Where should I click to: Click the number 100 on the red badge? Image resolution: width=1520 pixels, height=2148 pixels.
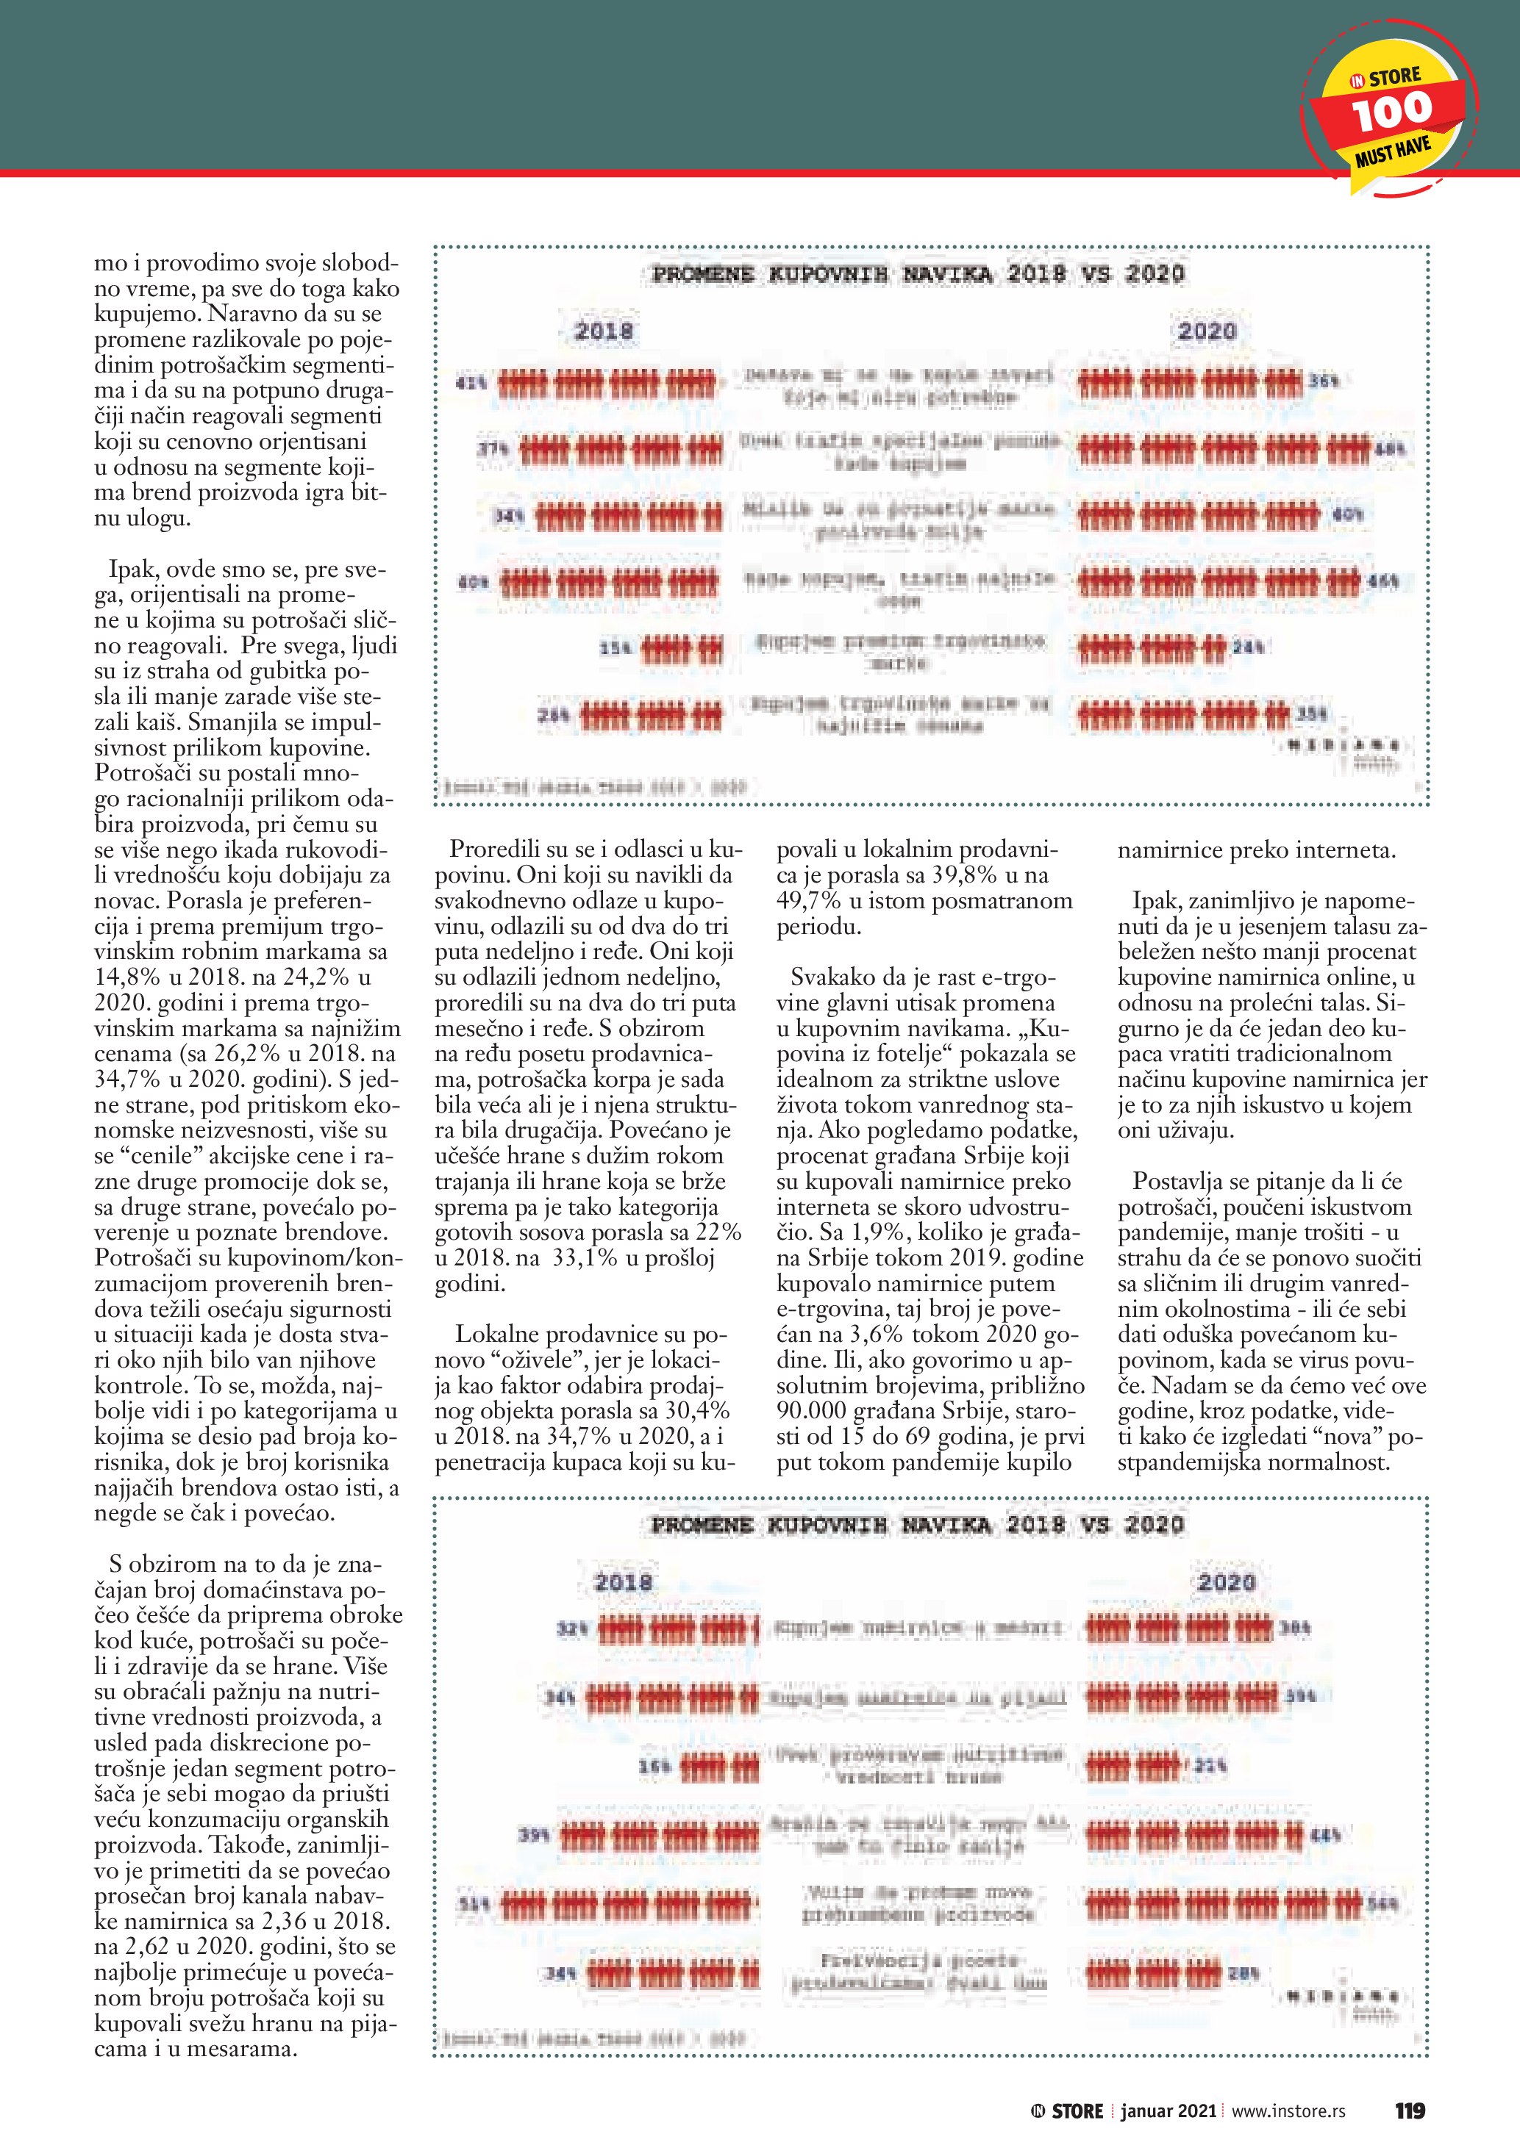click(1392, 111)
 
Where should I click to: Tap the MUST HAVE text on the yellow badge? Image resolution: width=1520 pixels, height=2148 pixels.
click(1394, 153)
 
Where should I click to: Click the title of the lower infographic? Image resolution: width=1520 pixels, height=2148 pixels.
click(917, 1526)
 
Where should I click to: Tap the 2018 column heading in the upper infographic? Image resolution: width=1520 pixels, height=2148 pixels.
click(604, 331)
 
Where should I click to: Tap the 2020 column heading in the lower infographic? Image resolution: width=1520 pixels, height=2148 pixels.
click(1226, 1583)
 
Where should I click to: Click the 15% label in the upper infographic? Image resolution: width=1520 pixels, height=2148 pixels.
click(614, 647)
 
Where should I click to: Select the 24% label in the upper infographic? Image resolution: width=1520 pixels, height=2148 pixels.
click(1249, 647)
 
